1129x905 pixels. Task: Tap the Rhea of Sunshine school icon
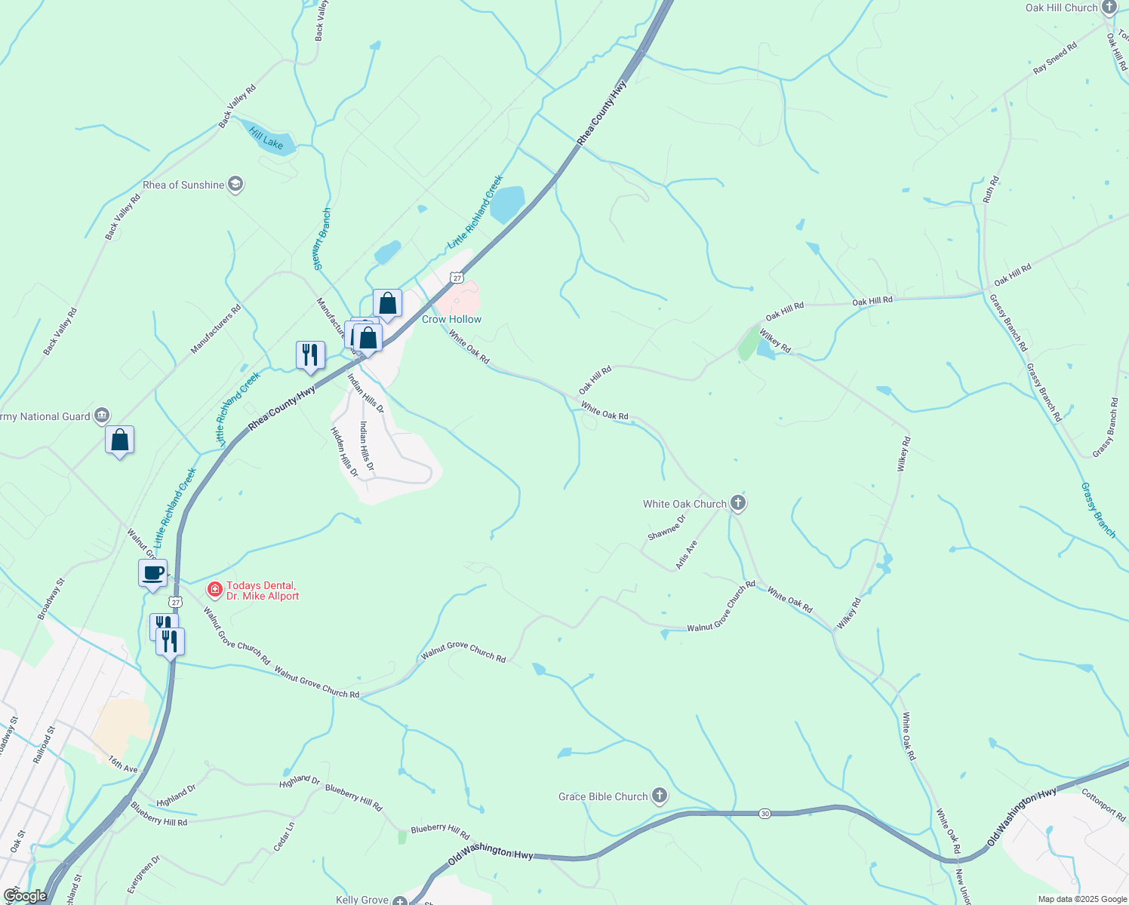pos(235,185)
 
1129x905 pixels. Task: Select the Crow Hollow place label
pos(451,319)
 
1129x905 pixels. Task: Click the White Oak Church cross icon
pos(738,503)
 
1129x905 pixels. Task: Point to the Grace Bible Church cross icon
pos(660,796)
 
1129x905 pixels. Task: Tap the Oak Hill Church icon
pos(1109,8)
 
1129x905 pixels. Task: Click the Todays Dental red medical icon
pos(215,589)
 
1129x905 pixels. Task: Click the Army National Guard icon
pos(102,416)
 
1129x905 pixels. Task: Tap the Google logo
pos(25,896)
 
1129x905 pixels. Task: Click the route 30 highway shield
pos(764,814)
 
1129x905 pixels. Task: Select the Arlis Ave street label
pos(686,554)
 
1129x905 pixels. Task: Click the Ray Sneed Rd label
pos(1054,58)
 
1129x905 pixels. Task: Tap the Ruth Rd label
pos(991,189)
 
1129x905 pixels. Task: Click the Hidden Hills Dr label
pos(344,452)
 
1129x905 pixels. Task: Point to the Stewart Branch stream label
pos(322,238)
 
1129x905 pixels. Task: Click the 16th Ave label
pos(122,765)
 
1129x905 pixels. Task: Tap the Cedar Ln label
pos(284,836)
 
